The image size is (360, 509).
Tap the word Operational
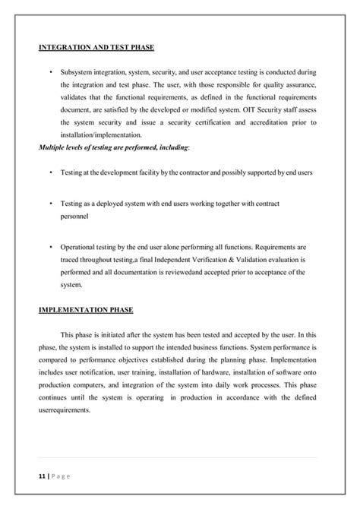click(80, 248)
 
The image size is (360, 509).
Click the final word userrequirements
click(65, 410)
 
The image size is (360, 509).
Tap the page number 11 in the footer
click(43, 476)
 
